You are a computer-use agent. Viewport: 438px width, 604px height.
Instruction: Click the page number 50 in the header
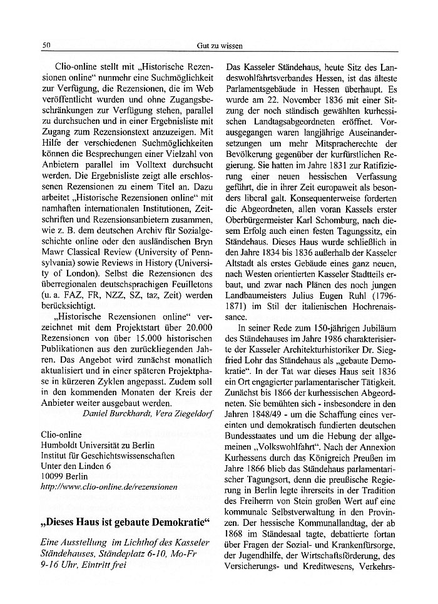point(46,46)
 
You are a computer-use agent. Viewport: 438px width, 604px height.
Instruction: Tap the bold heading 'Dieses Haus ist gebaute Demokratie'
point(125,521)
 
